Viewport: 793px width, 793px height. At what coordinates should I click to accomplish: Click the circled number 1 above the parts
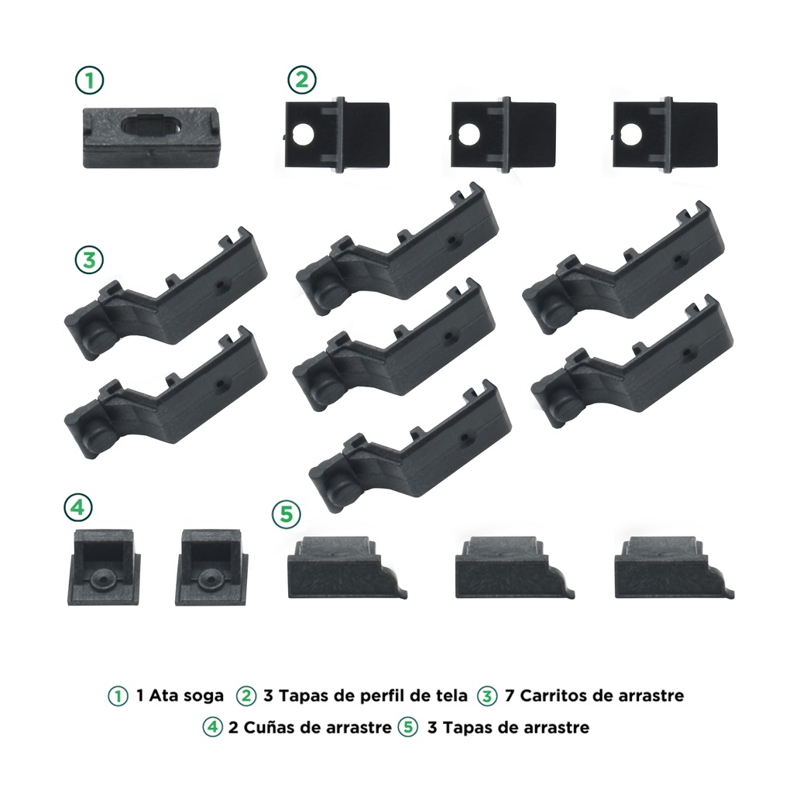pos(90,81)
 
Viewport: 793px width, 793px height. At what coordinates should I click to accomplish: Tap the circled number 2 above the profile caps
pos(302,80)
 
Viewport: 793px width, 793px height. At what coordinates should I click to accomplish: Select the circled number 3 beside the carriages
pos(89,260)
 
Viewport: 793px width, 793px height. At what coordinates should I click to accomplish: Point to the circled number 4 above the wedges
pos(78,507)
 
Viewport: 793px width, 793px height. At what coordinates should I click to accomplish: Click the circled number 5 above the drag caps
pos(287,514)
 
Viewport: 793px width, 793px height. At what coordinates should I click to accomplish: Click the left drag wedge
pos(105,567)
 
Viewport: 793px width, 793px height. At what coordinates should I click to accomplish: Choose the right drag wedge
pos(212,567)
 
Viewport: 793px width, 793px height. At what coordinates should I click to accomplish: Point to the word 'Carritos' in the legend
pos(551,695)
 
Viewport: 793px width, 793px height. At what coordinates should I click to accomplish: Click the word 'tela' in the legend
pos(449,695)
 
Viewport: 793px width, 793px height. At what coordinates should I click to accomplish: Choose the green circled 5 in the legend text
pos(408,727)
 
